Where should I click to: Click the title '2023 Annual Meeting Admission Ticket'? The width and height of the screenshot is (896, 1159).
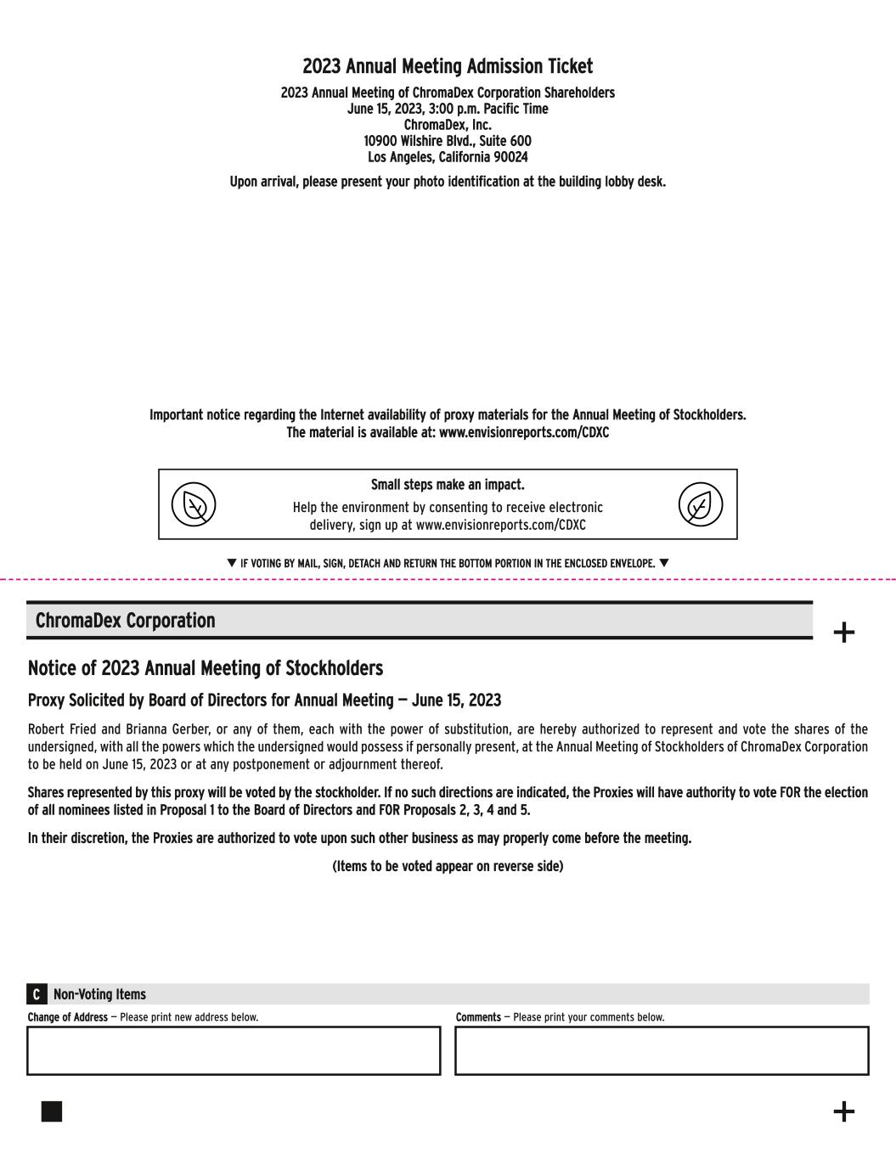click(448, 66)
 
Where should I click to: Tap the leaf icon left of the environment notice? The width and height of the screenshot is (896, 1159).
click(194, 505)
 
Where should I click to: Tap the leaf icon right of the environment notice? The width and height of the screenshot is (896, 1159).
click(700, 505)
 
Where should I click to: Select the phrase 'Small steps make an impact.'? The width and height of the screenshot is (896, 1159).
click(448, 485)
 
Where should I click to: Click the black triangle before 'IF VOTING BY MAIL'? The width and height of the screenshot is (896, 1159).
click(232, 563)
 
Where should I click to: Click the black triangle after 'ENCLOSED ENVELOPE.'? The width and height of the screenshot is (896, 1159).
click(664, 563)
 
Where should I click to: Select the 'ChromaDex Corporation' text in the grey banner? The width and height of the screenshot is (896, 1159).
click(125, 621)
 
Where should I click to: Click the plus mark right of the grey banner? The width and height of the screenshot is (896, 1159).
click(843, 633)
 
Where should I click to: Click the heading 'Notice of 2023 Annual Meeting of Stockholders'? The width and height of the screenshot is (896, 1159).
click(206, 668)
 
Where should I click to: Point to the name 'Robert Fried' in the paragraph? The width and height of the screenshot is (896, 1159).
click(60, 729)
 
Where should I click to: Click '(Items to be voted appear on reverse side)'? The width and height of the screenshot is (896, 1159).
click(448, 866)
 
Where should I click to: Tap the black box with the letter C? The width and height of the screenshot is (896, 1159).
click(37, 994)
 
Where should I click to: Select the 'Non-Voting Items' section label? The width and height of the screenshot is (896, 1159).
click(99, 994)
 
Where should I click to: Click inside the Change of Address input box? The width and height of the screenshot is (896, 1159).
click(234, 1050)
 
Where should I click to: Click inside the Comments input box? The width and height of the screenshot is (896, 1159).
click(662, 1050)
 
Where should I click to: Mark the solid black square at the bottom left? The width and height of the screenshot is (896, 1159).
click(52, 1111)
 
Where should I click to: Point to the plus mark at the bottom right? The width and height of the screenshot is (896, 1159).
click(843, 1111)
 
